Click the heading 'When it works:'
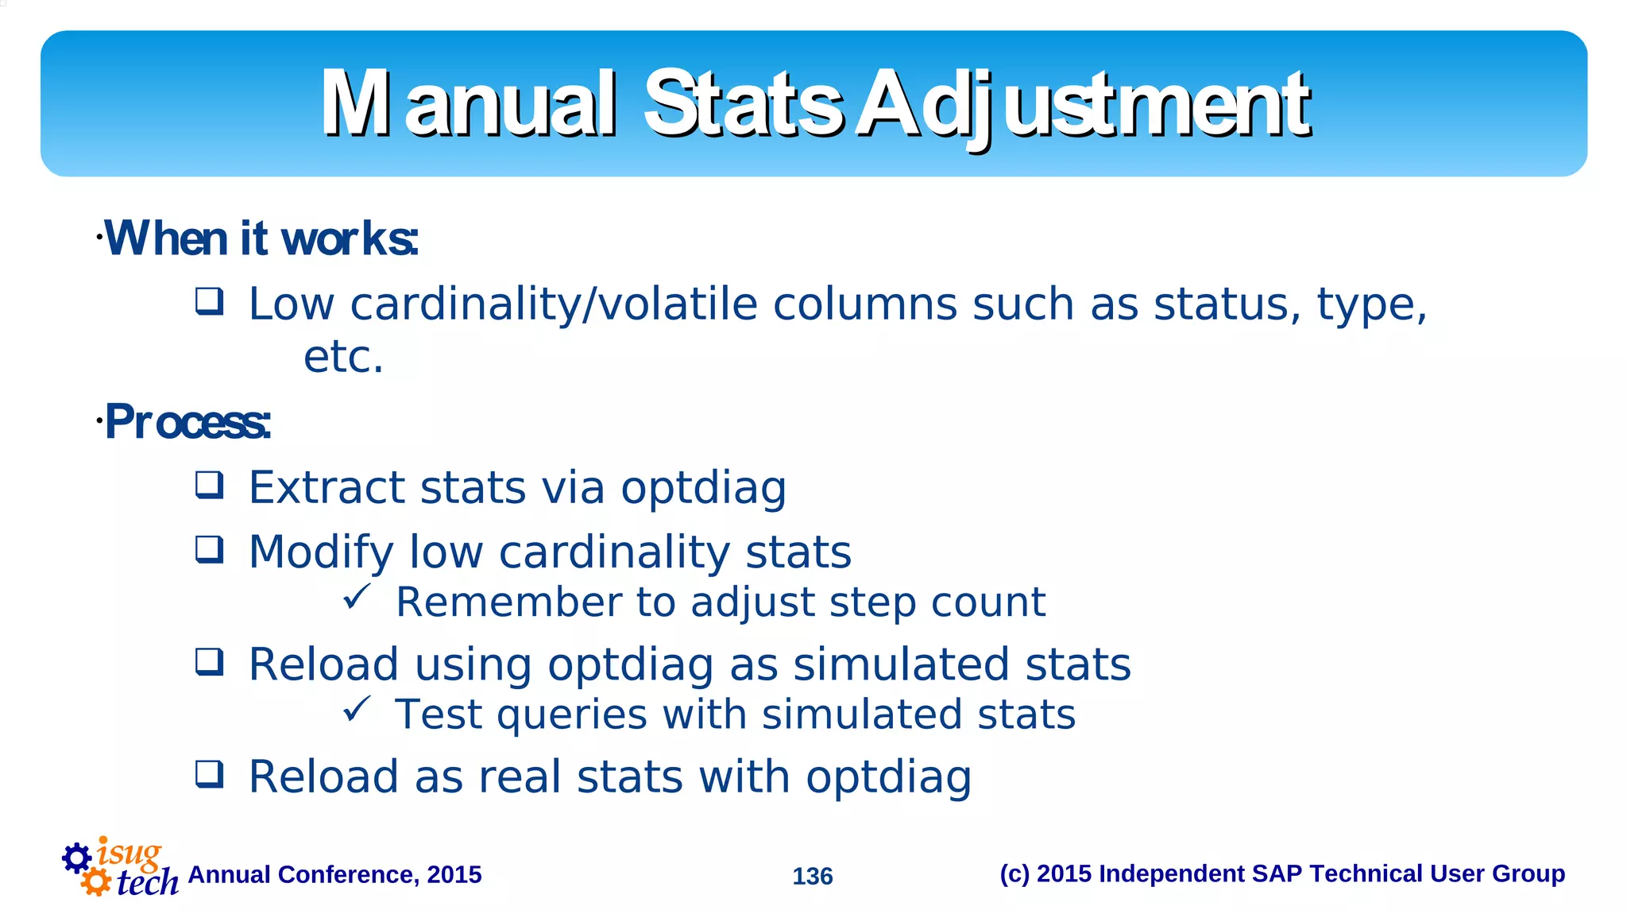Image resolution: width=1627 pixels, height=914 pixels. [x=261, y=238]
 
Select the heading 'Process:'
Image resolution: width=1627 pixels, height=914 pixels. [x=187, y=422]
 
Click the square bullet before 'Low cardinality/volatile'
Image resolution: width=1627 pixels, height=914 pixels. [x=210, y=302]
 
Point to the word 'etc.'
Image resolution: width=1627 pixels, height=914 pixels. [x=343, y=357]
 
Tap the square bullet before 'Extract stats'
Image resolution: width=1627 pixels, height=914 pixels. [x=210, y=485]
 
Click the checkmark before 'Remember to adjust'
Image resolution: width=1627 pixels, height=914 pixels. [x=357, y=597]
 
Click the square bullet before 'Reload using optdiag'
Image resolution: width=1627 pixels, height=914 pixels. [x=210, y=662]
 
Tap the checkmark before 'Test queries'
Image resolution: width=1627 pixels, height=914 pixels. [x=357, y=709]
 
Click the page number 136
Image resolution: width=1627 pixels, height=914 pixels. [x=812, y=876]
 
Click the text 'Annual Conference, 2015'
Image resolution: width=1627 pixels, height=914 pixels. [x=334, y=874]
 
